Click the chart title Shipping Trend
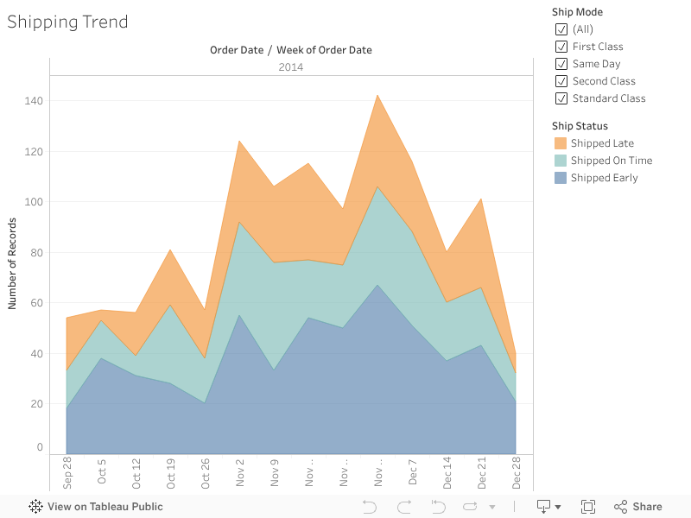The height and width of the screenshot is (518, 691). [x=67, y=22]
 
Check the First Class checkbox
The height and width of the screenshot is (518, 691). [x=561, y=47]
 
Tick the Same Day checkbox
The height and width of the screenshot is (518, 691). [x=561, y=64]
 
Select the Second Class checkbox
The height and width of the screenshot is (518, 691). [x=561, y=81]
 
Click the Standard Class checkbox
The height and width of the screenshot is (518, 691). [x=561, y=98]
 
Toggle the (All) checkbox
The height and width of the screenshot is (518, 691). [x=561, y=29]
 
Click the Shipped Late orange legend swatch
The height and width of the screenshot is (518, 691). [x=561, y=143]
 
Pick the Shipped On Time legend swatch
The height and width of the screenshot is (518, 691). [x=561, y=161]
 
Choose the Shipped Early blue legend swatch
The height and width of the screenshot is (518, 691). [x=561, y=178]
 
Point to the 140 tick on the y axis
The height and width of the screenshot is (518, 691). [x=34, y=101]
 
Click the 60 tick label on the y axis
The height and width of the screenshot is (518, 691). [x=36, y=303]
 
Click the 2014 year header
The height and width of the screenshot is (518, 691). [x=290, y=67]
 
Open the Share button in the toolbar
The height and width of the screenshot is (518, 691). [x=638, y=507]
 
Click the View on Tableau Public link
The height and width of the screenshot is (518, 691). [x=96, y=507]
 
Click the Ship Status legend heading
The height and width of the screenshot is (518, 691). [x=580, y=126]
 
